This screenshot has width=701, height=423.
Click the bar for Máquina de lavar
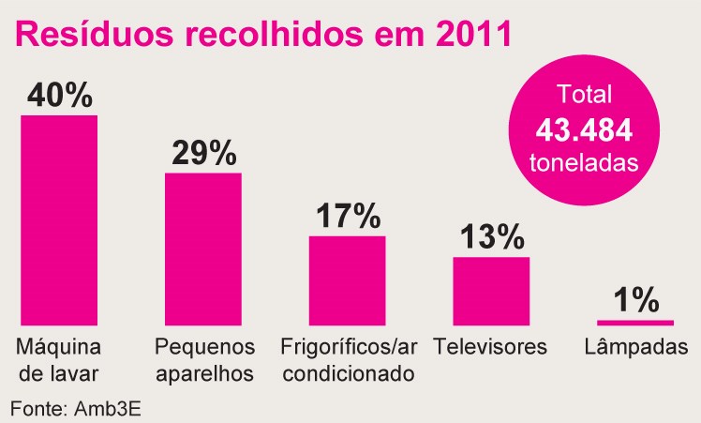pyautogui.click(x=59, y=219)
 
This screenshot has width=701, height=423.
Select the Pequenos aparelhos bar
pyautogui.click(x=203, y=249)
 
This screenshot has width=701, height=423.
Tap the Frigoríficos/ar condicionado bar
pyautogui.click(x=347, y=279)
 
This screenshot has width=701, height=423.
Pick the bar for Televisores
pyautogui.click(x=491, y=290)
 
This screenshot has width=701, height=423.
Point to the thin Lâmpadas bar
pyautogui.click(x=634, y=322)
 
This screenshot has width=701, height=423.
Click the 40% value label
pyautogui.click(x=60, y=96)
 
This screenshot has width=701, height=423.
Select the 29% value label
pyautogui.click(x=203, y=153)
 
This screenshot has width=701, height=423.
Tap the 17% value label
pyautogui.click(x=347, y=216)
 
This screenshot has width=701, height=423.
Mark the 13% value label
pyautogui.click(x=491, y=237)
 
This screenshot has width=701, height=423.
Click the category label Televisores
pyautogui.click(x=491, y=347)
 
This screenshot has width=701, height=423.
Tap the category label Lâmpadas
pyautogui.click(x=635, y=347)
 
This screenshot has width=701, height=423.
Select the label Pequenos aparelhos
pyautogui.click(x=204, y=360)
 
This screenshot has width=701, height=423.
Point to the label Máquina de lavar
pyautogui.click(x=58, y=360)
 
